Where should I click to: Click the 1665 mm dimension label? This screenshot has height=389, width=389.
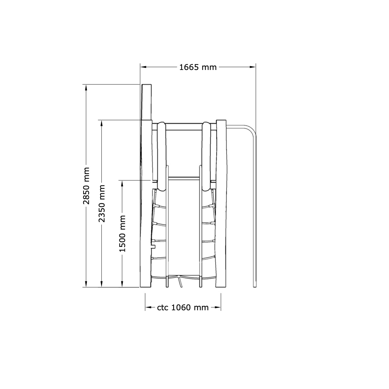click(x=198, y=67)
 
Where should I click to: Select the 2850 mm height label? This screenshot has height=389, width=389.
click(x=86, y=186)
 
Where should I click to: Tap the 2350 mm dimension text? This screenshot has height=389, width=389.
click(x=102, y=204)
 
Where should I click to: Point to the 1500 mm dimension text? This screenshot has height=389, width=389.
click(x=122, y=234)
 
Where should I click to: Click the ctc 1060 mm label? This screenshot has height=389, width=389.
click(x=183, y=307)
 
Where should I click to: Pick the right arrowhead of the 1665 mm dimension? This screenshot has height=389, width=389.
click(x=253, y=67)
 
